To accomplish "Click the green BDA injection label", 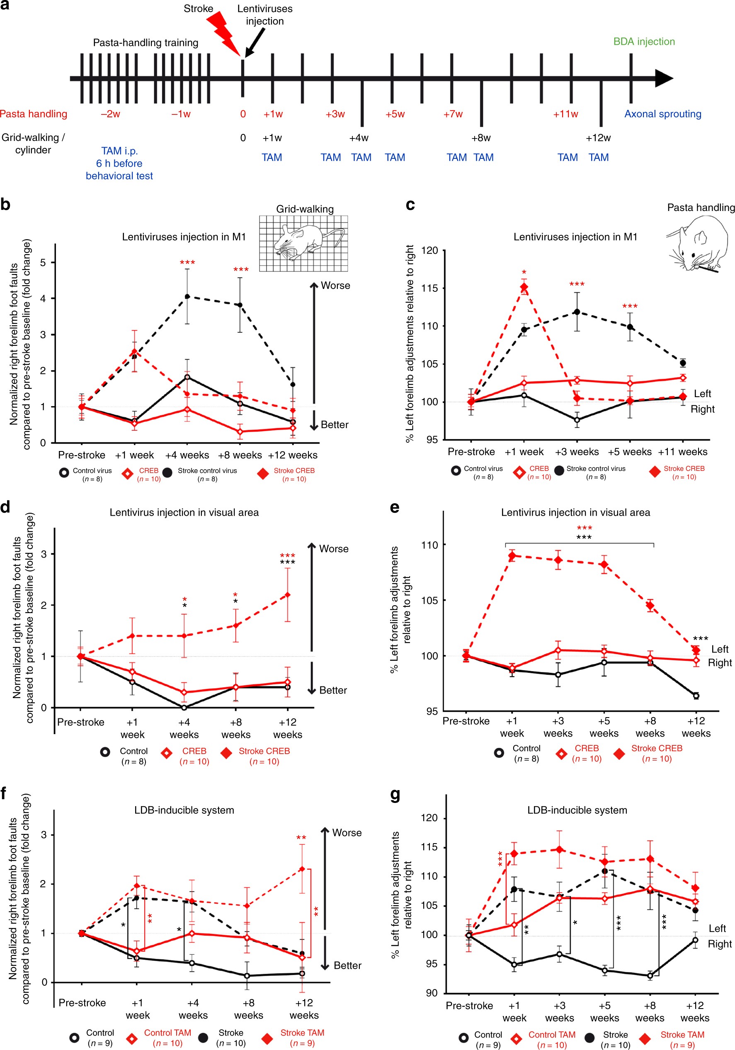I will [643, 41].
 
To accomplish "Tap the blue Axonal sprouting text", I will [662, 114].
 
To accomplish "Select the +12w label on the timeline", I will [598, 138].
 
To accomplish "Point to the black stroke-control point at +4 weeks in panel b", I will [187, 296].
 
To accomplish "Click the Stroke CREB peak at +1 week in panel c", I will [524, 287].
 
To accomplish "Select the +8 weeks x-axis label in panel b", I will [240, 455].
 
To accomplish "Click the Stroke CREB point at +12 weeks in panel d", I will [287, 594].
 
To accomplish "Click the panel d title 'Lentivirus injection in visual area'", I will [184, 512].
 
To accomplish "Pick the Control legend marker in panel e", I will [499, 752].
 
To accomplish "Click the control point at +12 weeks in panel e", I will [696, 696].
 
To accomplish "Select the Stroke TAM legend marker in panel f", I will [267, 1038].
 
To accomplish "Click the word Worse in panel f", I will [347, 832].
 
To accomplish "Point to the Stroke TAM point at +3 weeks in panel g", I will [559, 849].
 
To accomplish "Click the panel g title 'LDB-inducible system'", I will [577, 810].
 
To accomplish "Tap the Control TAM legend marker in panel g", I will [517, 1038].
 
